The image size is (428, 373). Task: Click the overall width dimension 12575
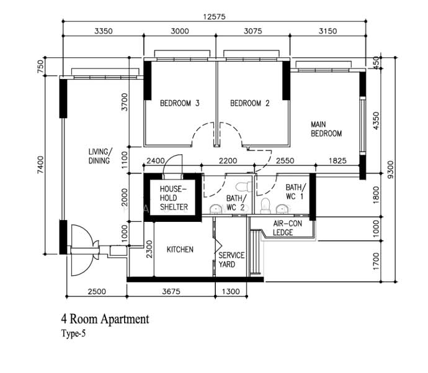(x=214, y=17)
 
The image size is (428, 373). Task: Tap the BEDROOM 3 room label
(x=180, y=103)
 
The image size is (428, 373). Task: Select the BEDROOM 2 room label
(x=250, y=103)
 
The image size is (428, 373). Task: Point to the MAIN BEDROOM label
(x=326, y=129)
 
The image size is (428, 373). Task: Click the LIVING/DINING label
(x=100, y=156)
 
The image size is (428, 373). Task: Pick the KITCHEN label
(x=180, y=249)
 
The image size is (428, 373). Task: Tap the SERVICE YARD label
(x=231, y=260)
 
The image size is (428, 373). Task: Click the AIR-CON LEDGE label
(x=287, y=228)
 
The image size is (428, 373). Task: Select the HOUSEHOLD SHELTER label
(x=174, y=198)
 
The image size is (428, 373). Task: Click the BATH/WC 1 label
(x=296, y=191)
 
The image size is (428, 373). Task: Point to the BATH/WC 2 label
(x=236, y=203)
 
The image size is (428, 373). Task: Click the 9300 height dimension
(x=391, y=170)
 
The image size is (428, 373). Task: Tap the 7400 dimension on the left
(x=40, y=165)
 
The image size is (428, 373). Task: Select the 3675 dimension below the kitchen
(x=171, y=291)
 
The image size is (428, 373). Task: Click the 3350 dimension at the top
(x=104, y=31)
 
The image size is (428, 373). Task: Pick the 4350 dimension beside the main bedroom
(x=376, y=121)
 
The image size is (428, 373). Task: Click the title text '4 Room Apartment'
(x=105, y=319)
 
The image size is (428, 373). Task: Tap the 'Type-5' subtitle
(x=73, y=333)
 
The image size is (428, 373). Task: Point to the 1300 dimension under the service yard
(x=231, y=291)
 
